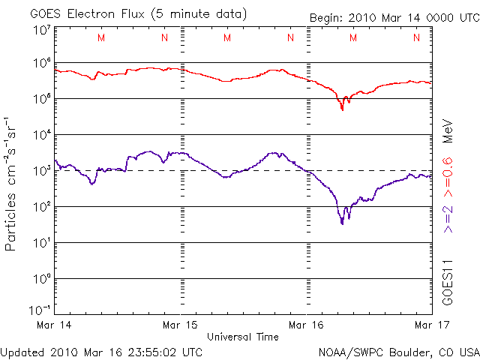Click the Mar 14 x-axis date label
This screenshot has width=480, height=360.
coord(49,325)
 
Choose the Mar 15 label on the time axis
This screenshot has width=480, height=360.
coord(180,325)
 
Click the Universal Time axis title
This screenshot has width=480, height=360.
coord(242,337)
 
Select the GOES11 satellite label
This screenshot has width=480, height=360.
coord(448,280)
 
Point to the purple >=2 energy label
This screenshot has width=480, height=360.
coord(448,217)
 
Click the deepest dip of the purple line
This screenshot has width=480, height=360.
coord(342,223)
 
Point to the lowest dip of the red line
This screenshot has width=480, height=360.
coord(342,109)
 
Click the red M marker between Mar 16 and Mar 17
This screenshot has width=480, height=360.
coord(352,37)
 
